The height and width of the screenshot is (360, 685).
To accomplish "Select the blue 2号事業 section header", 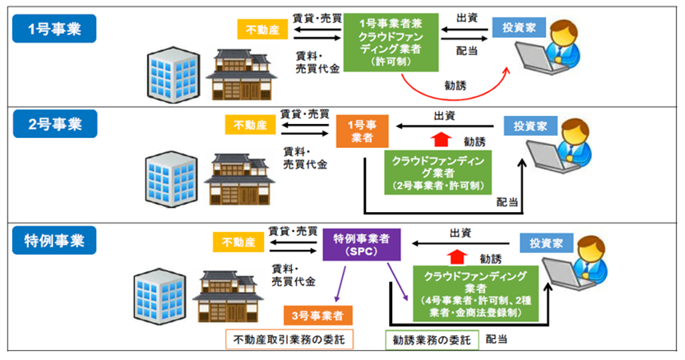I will coord(54,125).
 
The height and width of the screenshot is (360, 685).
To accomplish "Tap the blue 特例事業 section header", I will coord(54,239).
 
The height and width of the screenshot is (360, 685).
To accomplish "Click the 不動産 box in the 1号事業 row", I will coord(263,30).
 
